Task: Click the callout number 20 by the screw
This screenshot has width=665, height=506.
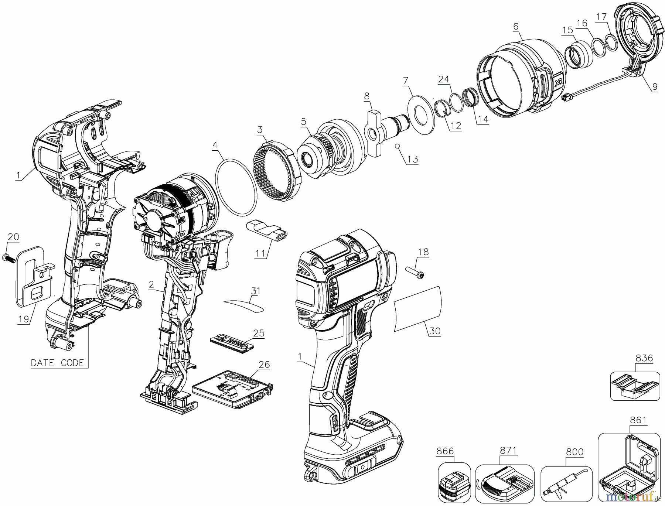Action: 13,237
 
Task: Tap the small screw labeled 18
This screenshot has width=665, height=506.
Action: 415,270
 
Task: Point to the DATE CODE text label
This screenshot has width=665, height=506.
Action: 57,363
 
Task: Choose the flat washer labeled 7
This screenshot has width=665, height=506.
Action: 420,115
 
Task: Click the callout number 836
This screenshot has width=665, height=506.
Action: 644,358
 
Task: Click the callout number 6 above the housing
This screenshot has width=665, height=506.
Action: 516,27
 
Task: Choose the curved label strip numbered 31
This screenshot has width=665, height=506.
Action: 244,306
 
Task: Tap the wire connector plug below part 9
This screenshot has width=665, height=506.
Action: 566,98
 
